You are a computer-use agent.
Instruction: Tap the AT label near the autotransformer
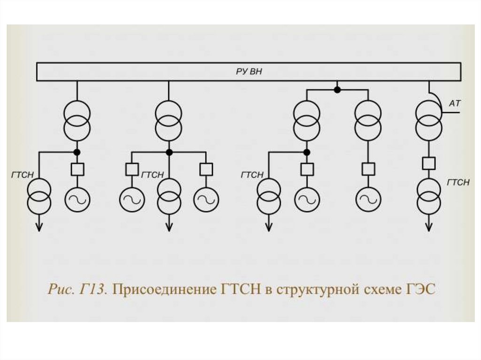[x=455, y=103]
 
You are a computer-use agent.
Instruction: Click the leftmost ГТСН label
[x=22, y=175]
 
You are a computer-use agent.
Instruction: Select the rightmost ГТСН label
[x=458, y=183]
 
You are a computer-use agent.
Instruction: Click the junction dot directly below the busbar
[x=337, y=89]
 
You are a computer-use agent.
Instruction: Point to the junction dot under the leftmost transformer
[x=77, y=152]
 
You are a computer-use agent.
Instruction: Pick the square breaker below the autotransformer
[x=428, y=163]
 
